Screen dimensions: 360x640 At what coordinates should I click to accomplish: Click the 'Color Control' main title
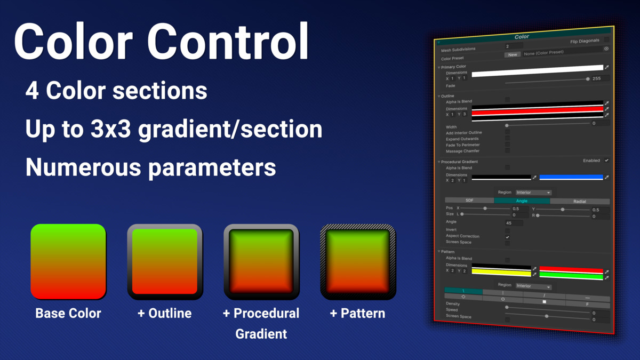(x=161, y=42)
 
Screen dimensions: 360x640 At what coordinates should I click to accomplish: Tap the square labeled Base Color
(x=68, y=261)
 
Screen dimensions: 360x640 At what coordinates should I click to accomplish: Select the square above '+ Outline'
(x=165, y=261)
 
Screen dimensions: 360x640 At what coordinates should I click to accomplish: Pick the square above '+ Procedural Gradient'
(x=261, y=261)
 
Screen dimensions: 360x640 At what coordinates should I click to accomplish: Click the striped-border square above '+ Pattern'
(x=357, y=261)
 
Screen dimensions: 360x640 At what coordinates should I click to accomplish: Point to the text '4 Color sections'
(x=116, y=91)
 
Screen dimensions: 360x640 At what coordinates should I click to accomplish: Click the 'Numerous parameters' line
(x=150, y=167)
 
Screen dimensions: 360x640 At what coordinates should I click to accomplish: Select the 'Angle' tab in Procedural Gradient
(x=522, y=201)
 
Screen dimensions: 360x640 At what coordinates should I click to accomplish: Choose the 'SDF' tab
(x=469, y=201)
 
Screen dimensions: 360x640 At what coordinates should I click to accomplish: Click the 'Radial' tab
(x=579, y=202)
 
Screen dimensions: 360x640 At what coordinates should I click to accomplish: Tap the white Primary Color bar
(x=537, y=71)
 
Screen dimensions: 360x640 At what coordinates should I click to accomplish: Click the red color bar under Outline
(x=537, y=111)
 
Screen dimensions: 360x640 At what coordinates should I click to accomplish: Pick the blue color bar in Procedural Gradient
(x=571, y=177)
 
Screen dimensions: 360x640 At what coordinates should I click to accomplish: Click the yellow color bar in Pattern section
(x=501, y=273)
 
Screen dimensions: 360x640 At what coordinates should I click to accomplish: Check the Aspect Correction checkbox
(x=507, y=236)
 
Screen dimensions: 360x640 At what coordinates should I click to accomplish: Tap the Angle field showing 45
(x=514, y=223)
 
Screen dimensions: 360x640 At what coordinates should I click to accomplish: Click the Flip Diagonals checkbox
(x=606, y=39)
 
